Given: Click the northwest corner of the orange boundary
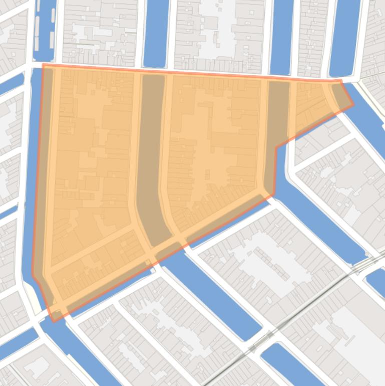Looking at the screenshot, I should click(x=44, y=65).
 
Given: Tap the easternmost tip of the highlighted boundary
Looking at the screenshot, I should click(x=353, y=105).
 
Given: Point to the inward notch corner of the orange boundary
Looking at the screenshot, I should click(x=276, y=147).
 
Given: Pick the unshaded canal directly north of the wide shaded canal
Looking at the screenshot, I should click(x=156, y=33).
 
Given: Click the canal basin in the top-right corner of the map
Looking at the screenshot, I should click(x=345, y=35).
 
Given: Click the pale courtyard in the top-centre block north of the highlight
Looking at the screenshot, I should click(x=215, y=25).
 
